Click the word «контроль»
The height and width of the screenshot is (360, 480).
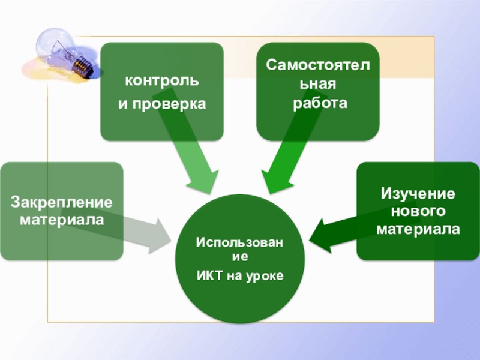162,80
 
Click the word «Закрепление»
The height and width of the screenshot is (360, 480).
62,202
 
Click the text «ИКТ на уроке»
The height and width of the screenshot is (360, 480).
240,275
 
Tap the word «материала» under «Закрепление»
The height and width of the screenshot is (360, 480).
62,220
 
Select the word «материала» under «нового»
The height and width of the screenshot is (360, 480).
418,229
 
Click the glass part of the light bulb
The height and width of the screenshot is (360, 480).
55,43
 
